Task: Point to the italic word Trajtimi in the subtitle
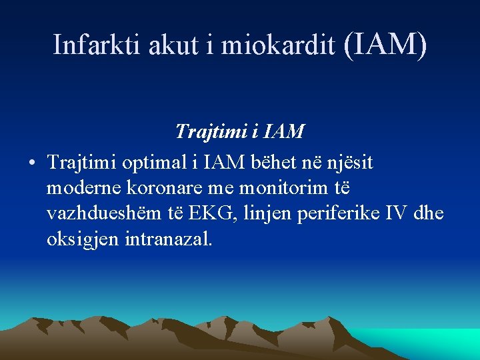208,131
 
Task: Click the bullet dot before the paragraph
32,163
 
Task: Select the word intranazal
169,239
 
